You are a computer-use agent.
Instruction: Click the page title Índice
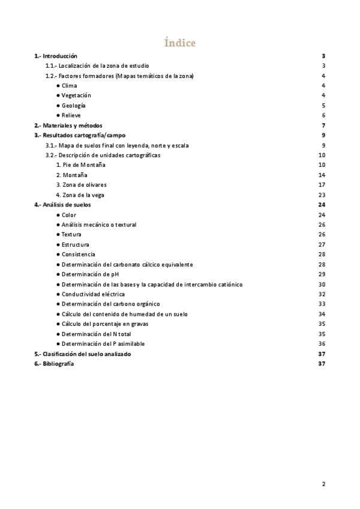tap(180, 43)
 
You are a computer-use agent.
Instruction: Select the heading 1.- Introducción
tap(56, 56)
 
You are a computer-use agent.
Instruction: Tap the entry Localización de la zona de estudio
tap(97, 65)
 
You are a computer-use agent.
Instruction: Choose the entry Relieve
tap(71, 115)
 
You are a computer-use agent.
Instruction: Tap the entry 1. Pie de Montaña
tap(80, 164)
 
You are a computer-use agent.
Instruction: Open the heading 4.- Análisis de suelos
tap(62, 205)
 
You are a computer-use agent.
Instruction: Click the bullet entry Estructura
tap(75, 244)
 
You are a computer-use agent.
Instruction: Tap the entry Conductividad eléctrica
tap(93, 294)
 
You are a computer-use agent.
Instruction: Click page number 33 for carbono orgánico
tap(322, 304)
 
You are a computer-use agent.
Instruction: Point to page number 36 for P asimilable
tap(322, 344)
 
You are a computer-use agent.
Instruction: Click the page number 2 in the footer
tap(323, 484)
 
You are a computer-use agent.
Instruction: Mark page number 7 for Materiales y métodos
tap(323, 125)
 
